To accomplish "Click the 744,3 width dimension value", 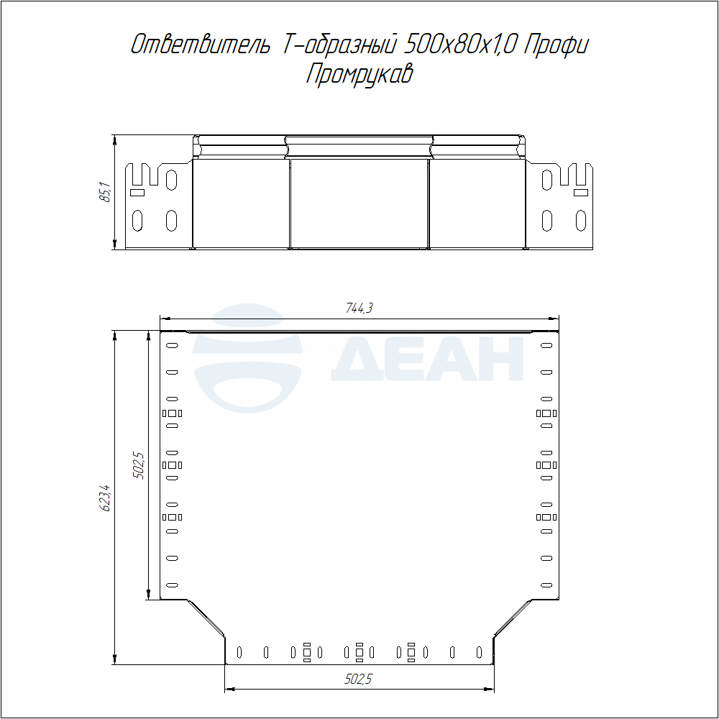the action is tap(359, 308).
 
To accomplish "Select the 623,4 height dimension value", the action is tap(105, 498).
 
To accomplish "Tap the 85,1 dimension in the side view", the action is tap(105, 192).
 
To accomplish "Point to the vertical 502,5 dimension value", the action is tap(139, 465).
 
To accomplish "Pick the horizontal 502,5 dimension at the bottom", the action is tap(358, 679).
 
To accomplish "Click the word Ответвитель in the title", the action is tap(201, 45).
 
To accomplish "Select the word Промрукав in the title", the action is tap(359, 73).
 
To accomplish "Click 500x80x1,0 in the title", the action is tap(461, 45).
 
